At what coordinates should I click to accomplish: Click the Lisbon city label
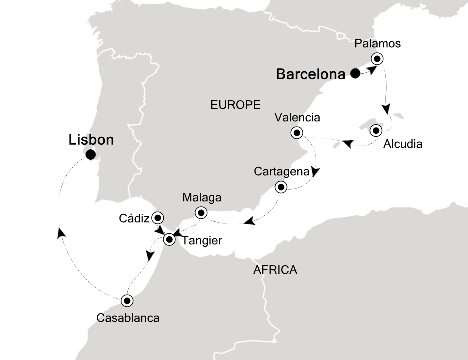pos(91,140)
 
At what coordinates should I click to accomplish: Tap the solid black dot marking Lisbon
pos(90,155)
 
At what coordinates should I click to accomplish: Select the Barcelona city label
pos(311,75)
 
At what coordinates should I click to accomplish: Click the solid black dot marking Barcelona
pos(355,74)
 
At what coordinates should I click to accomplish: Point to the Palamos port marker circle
pos(377,59)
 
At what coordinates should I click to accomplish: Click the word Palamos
pos(377,44)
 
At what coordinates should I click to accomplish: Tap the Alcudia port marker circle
pos(377,131)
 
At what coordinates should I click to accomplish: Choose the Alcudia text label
pos(403,145)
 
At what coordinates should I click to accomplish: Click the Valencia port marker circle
pos(297,133)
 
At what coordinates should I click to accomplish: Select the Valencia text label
pos(297,118)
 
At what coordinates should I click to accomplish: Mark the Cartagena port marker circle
pos(281,188)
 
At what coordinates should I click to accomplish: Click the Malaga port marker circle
pos(201,212)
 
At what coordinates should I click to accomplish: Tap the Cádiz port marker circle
pos(158,218)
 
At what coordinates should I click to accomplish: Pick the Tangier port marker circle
pos(169,240)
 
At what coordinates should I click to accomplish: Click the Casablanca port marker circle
pos(127,300)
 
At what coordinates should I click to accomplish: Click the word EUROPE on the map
pos(236,105)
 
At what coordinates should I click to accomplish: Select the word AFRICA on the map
pos(275,270)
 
